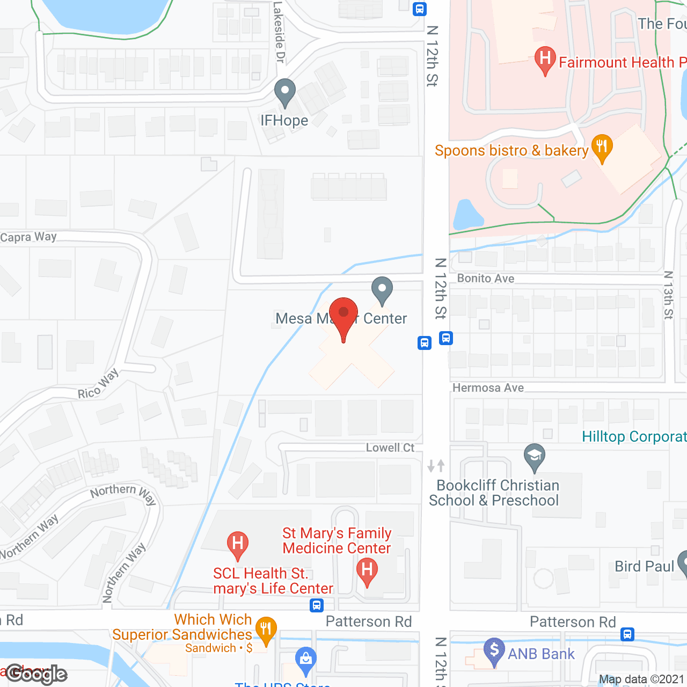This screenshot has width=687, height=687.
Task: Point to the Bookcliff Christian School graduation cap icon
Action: pos(534,457)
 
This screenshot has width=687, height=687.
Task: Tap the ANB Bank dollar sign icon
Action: pos(494,651)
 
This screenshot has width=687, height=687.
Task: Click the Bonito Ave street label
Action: pos(486,279)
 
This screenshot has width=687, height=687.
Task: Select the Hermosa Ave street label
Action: pos(488,388)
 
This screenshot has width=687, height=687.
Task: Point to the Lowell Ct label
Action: pos(390,448)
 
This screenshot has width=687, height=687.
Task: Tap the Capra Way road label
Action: pos(28,237)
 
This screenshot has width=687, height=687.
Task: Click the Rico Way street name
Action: pos(98,384)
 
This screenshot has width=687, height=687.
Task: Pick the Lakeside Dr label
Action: pos(279,32)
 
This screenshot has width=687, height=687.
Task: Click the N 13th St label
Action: pos(668,295)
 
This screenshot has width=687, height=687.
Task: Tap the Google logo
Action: pos(36,674)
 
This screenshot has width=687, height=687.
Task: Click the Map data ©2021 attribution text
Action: pos(641,679)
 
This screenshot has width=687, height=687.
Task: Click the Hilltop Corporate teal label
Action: pos(634,437)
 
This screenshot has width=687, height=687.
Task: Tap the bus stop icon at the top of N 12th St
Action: pos(420,9)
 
